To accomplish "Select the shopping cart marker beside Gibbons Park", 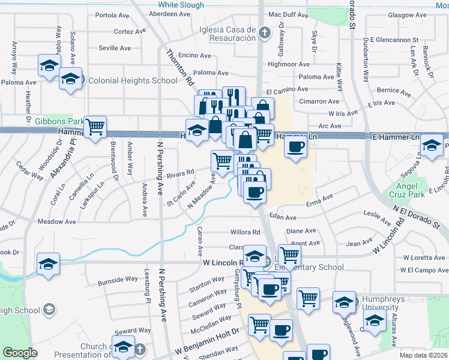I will coord(95,127).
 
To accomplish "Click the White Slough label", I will coord(181,5).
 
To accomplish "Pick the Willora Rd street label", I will coord(245,232).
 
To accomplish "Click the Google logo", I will coord(20,353).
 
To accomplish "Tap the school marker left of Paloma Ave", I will coord(49,66).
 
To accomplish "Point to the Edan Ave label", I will coord(283,217).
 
